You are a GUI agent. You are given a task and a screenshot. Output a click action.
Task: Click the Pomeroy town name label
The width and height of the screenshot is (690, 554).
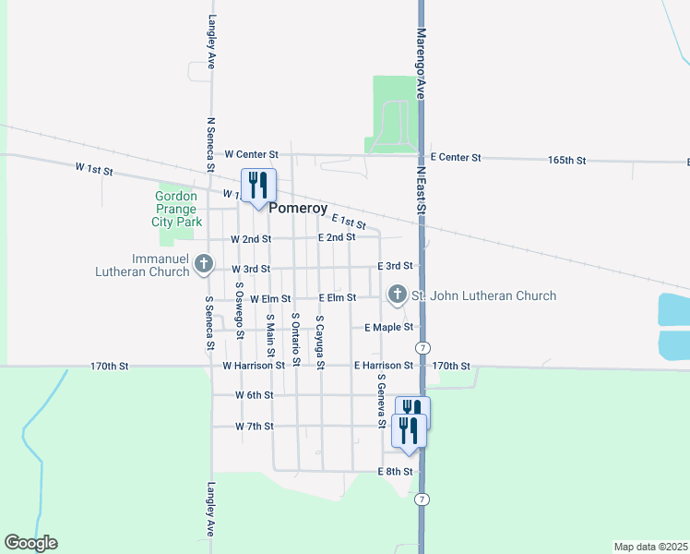click(298, 210)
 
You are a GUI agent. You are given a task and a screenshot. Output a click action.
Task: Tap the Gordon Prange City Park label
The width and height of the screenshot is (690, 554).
click(177, 209)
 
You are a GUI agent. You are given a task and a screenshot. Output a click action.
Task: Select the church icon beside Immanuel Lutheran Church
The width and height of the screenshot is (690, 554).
click(205, 266)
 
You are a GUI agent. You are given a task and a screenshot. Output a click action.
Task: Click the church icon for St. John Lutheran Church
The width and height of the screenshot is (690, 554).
click(398, 295)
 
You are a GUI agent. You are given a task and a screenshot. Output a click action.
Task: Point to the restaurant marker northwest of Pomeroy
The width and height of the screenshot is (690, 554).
click(258, 185)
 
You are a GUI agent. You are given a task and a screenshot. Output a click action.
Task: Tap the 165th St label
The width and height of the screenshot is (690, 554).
click(566, 160)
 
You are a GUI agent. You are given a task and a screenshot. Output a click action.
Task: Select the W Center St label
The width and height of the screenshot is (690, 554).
click(251, 154)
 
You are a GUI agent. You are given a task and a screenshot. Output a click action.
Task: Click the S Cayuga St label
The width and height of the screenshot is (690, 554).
click(319, 343)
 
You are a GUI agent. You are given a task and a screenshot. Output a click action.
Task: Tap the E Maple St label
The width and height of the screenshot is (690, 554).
click(388, 328)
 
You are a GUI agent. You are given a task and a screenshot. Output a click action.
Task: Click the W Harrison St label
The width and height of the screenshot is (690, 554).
click(254, 366)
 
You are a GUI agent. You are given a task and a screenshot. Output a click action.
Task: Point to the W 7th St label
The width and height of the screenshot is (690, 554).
click(254, 426)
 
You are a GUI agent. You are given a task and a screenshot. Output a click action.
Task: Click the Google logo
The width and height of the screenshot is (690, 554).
click(30, 543)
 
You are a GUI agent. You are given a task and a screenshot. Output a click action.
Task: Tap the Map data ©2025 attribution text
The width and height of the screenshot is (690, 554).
click(649, 546)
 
